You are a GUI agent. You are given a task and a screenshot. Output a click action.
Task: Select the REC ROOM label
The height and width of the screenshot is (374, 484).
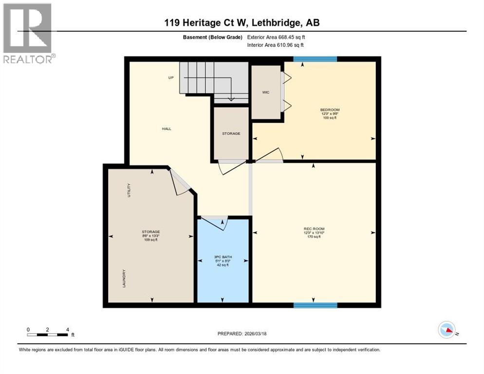point(314,229)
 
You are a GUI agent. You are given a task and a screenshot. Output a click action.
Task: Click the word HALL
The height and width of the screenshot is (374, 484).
point(167,129)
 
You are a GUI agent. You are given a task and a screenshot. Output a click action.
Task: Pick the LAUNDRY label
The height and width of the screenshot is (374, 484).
point(124,279)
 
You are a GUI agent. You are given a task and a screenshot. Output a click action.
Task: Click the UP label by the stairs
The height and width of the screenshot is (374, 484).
point(171,77)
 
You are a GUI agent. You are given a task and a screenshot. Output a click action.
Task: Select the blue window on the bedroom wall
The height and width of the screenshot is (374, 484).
point(315,59)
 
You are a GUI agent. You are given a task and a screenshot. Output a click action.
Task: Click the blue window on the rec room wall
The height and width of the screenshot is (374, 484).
point(315,305)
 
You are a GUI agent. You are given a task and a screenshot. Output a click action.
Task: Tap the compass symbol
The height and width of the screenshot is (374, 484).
point(447,330)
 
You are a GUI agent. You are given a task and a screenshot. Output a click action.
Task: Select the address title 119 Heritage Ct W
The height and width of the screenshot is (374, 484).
point(242,22)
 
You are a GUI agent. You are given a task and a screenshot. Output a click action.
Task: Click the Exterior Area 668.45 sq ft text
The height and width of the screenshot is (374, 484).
point(276,37)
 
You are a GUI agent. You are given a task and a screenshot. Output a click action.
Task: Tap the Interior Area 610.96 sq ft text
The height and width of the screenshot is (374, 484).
point(276,45)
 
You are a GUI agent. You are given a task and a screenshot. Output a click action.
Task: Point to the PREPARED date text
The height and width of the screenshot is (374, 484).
point(242,334)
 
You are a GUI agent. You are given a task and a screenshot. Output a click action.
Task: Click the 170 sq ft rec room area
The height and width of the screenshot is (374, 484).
point(314,237)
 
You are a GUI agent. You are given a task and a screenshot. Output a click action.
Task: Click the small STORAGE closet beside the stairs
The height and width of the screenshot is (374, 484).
point(231,133)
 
